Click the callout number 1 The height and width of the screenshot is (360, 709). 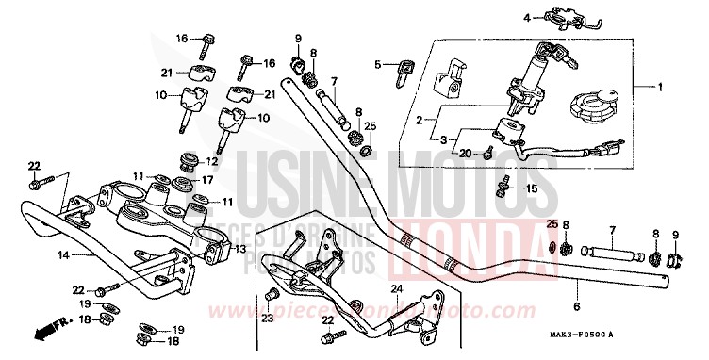click(x=659, y=88)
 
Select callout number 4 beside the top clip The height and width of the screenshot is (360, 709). click(x=527, y=15)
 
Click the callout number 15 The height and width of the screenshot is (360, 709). click(x=532, y=189)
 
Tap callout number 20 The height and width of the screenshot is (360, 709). click(x=464, y=153)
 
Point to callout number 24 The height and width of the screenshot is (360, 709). click(x=397, y=287)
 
